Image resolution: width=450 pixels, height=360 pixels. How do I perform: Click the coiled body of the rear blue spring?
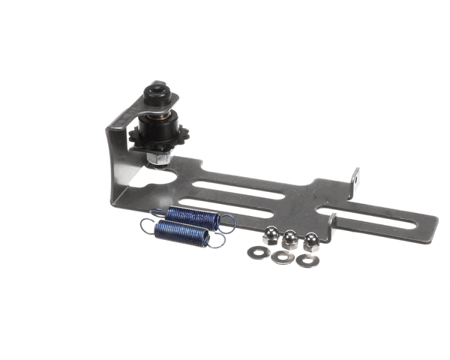point(192,217)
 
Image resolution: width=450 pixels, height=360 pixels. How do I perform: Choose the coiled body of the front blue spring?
point(181,233)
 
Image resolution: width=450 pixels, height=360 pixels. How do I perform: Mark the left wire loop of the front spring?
point(146,226)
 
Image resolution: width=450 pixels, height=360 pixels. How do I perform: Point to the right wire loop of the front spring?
point(217,241)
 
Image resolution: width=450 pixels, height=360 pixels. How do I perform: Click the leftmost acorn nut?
point(268,237)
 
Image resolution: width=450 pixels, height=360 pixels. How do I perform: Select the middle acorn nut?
point(289,239)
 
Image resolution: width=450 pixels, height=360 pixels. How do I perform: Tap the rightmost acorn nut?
point(309,241)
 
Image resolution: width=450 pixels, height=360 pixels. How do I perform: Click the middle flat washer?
point(282,257)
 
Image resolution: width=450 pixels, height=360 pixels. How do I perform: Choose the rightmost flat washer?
point(305,260)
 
